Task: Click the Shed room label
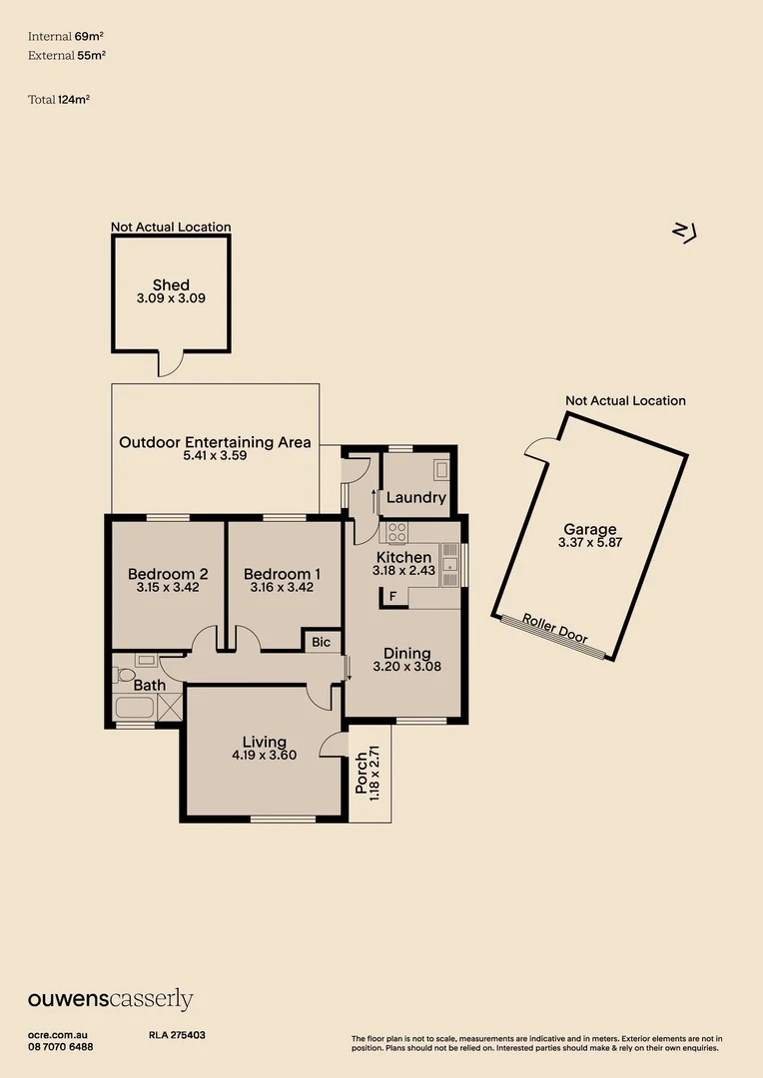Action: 171,284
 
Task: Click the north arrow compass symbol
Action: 684,232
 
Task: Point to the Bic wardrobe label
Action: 322,642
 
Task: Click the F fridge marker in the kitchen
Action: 392,597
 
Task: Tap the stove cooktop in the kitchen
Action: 395,531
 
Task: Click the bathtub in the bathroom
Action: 134,710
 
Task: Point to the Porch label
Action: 362,775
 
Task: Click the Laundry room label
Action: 414,497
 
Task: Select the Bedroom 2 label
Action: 168,574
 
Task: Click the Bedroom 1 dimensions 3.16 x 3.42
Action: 283,588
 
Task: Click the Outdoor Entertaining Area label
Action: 215,441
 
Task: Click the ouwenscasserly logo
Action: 110,999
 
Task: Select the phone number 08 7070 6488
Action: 61,1046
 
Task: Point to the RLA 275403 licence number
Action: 170,1035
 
